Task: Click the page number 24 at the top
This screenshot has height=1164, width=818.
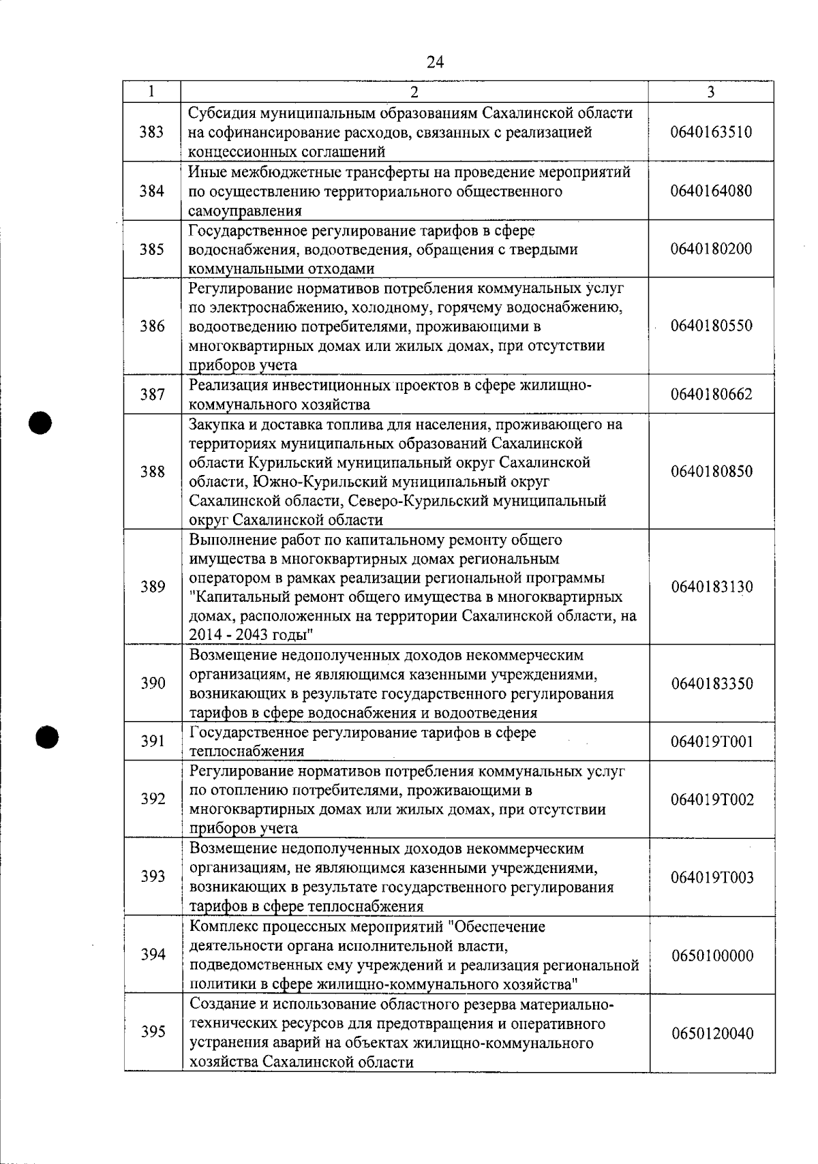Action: click(x=435, y=63)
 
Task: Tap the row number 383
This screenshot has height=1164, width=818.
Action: click(x=152, y=132)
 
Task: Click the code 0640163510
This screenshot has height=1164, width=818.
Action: click(x=711, y=132)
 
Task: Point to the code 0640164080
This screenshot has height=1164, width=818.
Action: click(x=711, y=191)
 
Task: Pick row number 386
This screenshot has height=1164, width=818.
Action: click(x=152, y=326)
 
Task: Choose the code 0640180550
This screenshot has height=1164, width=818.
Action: click(x=711, y=326)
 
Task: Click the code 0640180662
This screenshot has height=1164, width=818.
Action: click(x=711, y=395)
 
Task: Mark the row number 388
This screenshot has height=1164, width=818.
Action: click(x=152, y=472)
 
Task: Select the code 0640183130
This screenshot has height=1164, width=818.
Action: click(x=711, y=587)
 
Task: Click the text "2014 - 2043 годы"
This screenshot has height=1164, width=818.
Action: click(x=252, y=636)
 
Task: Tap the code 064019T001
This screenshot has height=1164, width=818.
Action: click(x=712, y=741)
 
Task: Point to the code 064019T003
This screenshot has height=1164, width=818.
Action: click(x=712, y=877)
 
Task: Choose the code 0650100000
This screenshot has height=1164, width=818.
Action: click(x=712, y=955)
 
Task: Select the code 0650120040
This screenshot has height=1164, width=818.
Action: click(x=712, y=1033)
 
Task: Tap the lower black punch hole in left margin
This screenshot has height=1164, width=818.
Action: click(x=48, y=736)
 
